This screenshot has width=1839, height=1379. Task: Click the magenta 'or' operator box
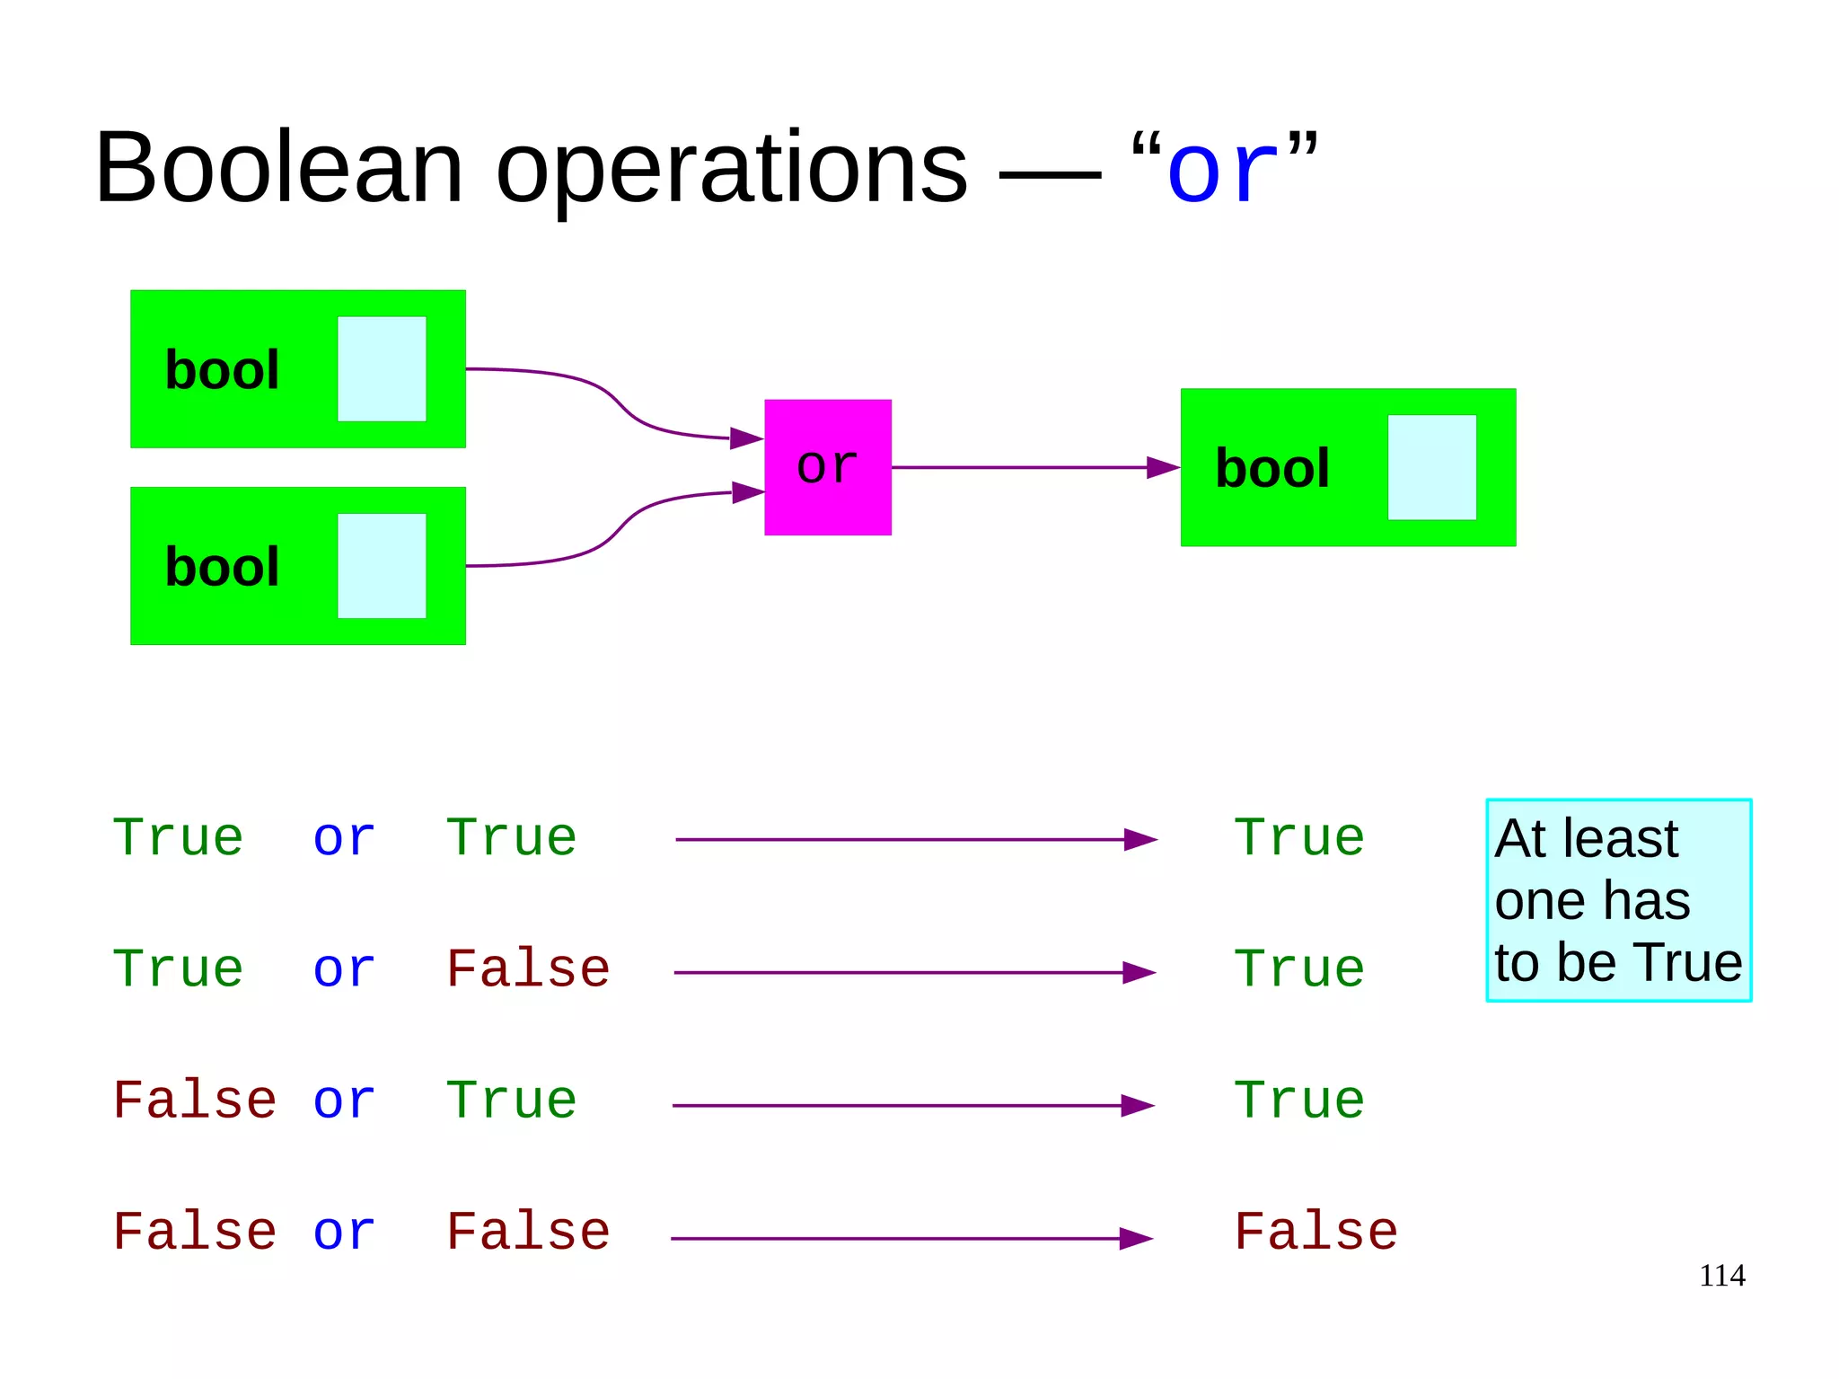(x=827, y=467)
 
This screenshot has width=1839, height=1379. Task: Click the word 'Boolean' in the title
(x=278, y=168)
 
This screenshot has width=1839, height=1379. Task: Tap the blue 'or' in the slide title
(x=1222, y=170)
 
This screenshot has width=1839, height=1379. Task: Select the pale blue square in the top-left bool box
(x=382, y=368)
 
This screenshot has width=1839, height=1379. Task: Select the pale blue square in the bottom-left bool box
(x=382, y=566)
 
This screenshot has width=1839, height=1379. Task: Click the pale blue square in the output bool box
(x=1431, y=467)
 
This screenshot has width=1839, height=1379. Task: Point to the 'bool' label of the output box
(x=1271, y=468)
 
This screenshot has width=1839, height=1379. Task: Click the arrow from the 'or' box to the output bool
(x=1033, y=467)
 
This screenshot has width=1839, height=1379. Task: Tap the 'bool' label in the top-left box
(x=222, y=369)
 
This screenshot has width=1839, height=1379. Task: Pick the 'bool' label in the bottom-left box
(x=222, y=567)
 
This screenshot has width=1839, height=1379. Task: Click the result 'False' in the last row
(x=1315, y=1232)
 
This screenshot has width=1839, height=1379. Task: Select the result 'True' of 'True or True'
(x=1298, y=838)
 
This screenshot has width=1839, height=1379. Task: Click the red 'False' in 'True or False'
(x=528, y=969)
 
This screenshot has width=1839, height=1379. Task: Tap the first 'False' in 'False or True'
(x=194, y=1101)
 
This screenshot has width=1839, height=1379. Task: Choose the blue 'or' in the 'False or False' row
(x=344, y=1232)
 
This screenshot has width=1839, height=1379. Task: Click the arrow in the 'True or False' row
(x=913, y=972)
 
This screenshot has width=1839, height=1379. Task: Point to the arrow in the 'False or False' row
(x=911, y=1238)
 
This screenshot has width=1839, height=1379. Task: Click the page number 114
(x=1721, y=1276)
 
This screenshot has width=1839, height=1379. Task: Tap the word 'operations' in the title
(x=731, y=168)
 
